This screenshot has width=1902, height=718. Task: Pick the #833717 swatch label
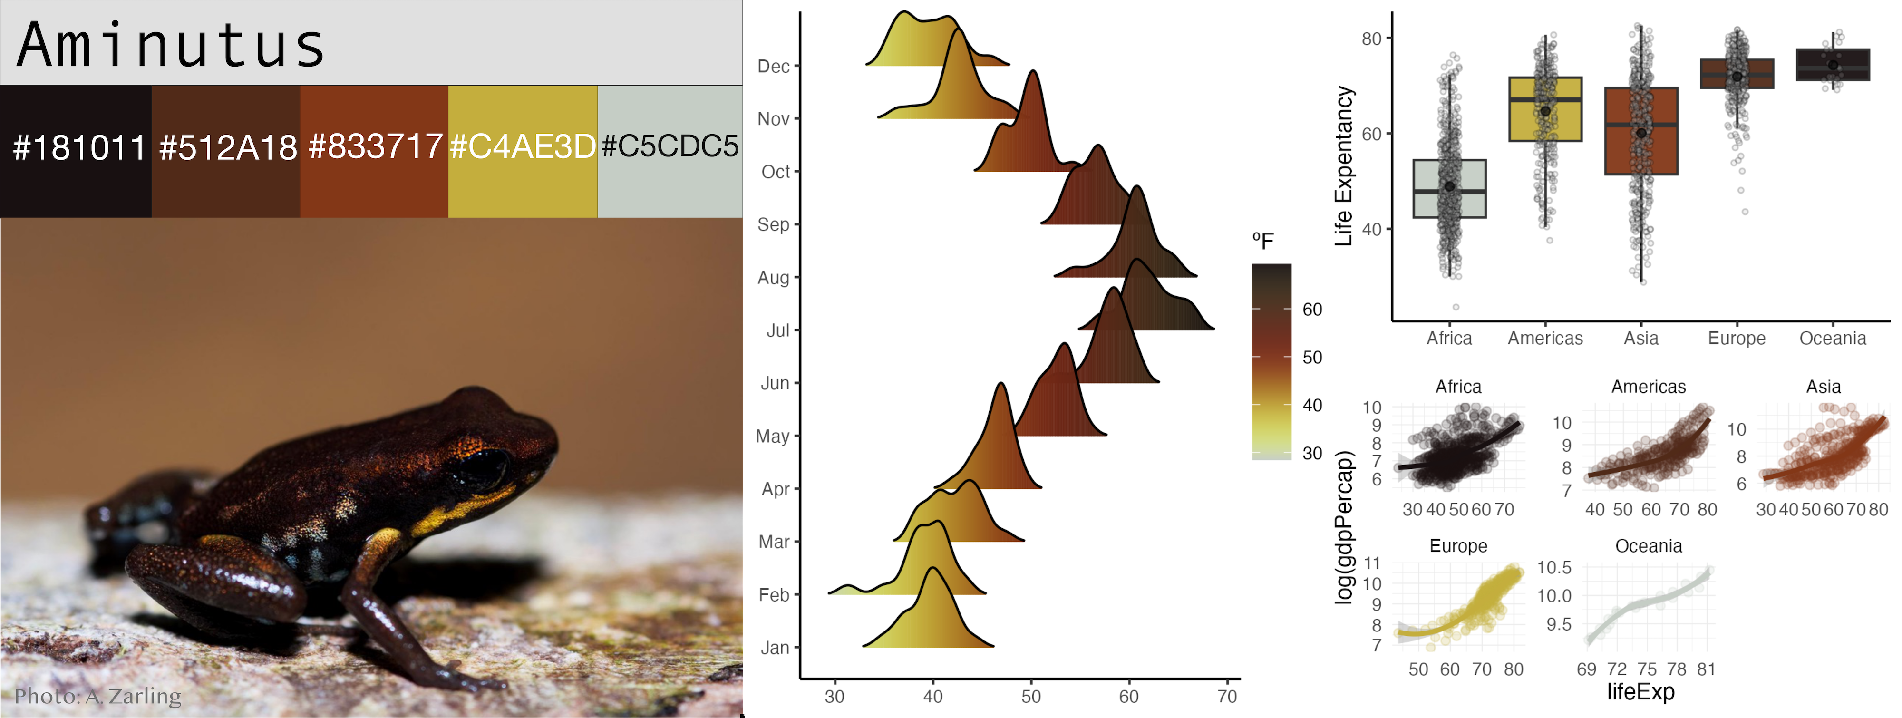tap(375, 146)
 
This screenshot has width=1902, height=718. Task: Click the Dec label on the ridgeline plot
tap(773, 67)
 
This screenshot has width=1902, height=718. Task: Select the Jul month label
tap(777, 330)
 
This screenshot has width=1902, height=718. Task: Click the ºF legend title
tap(1262, 241)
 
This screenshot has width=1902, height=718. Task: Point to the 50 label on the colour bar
tap(1311, 358)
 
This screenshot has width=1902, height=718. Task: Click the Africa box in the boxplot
tap(1449, 188)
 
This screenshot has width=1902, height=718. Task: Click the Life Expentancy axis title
tap(1344, 166)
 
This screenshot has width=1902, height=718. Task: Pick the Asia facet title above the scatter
tap(1823, 386)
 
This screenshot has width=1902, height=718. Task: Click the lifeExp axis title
tap(1640, 692)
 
